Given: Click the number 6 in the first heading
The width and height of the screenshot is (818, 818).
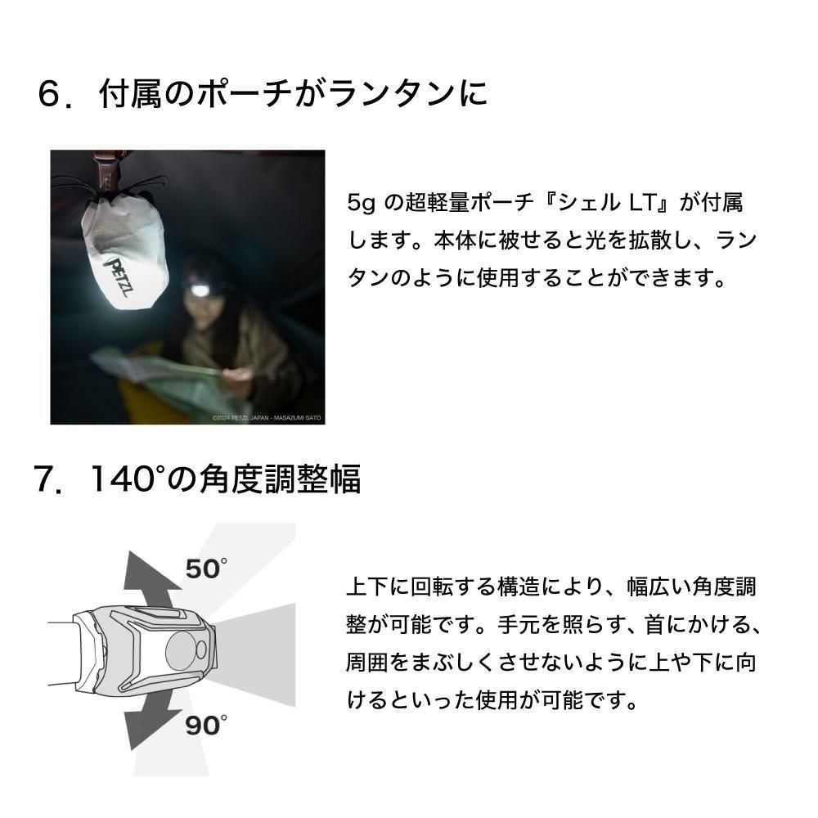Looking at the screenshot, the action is [51, 94].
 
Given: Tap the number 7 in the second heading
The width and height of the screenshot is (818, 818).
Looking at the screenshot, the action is [45, 479].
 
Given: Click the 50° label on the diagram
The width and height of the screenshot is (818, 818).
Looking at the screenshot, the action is [207, 569].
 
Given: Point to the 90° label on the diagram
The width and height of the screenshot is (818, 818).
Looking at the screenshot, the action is [207, 725].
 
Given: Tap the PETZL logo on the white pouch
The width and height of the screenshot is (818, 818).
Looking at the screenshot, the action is [119, 276].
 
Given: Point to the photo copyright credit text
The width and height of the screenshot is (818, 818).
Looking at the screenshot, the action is [267, 418].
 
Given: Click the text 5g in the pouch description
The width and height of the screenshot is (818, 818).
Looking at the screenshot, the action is [361, 203].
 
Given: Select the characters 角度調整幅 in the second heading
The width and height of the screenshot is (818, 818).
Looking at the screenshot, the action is [280, 479].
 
